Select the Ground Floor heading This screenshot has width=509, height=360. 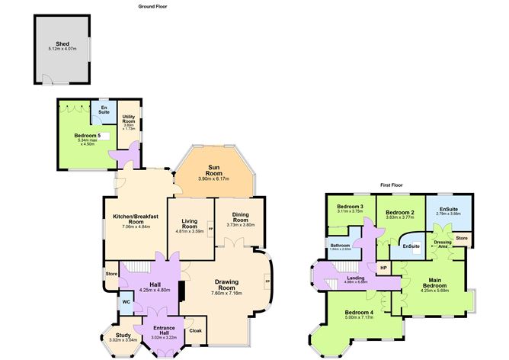click(152, 5)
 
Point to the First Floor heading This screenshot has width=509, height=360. click(392, 185)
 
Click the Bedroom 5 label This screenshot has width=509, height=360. click(88, 135)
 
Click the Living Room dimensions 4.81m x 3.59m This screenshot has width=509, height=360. click(190, 231)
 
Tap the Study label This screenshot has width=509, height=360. click(123, 334)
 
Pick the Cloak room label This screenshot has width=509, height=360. click(195, 330)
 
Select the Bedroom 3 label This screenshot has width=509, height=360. click(350, 207)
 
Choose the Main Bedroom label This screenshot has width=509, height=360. click(436, 285)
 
